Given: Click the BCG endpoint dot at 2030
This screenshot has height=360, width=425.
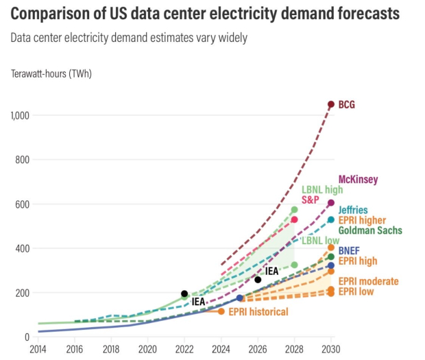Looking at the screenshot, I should point(331,104).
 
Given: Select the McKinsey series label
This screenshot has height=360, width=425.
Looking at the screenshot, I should point(359,180).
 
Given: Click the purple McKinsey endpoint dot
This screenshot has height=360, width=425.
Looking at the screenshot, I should point(331,203).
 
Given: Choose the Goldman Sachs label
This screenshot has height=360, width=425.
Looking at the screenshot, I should point(370,230).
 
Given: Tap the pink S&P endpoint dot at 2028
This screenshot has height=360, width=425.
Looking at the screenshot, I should point(294,219).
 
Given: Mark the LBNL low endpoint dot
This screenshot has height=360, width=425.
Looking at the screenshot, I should point(294,265).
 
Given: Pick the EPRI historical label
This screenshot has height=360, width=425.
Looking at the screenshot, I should point(258,312).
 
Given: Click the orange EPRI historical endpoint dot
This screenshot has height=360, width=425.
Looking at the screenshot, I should point(221,311).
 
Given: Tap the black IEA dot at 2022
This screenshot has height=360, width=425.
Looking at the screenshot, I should point(184,293).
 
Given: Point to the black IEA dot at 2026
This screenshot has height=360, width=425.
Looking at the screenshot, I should point(258,280).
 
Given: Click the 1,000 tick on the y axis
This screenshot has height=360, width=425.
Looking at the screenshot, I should point(20,116).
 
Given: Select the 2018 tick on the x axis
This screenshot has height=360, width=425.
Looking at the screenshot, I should point(110,348).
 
